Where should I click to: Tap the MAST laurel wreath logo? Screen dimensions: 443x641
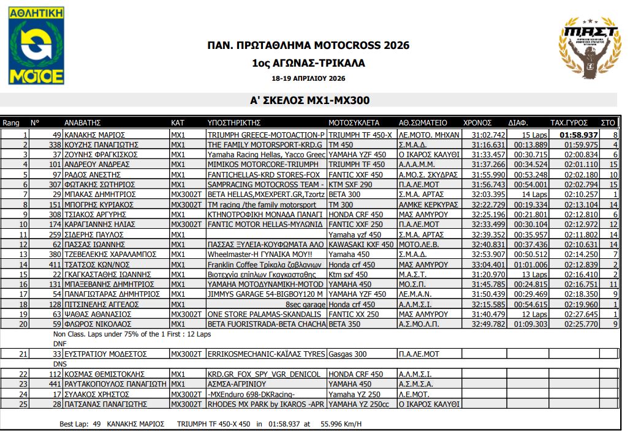click(590, 51)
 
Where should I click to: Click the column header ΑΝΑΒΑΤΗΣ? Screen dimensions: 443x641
click(82, 122)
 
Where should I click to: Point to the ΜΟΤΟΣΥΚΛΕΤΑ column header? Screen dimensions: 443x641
click(354, 122)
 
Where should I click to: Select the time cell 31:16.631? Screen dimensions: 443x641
click(488, 144)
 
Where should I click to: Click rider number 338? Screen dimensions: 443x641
click(55, 144)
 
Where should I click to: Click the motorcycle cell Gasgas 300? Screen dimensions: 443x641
click(348, 354)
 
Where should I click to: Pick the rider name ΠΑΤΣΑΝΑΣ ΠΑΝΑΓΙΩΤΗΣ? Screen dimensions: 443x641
click(105, 404)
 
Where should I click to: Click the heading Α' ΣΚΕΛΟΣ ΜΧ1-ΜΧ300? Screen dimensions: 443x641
click(309, 100)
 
